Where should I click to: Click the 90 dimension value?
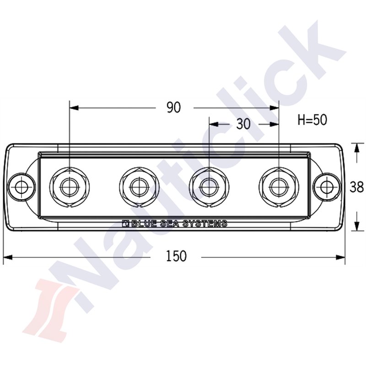[x=173, y=108]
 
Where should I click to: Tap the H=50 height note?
[x=312, y=120]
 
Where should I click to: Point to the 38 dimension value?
[x=356, y=187]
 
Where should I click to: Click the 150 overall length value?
[x=176, y=257]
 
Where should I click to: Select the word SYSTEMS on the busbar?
[x=205, y=224]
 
